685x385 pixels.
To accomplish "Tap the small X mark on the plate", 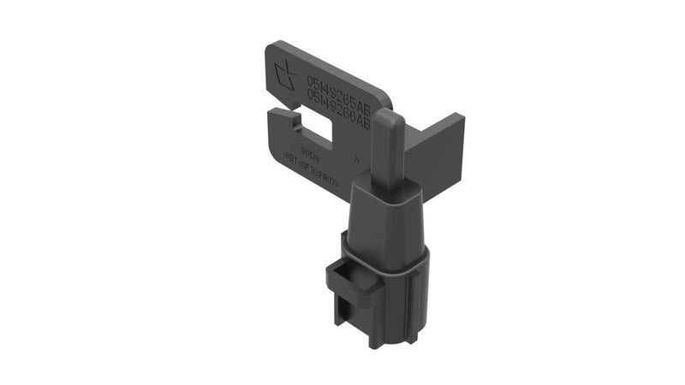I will pos(355,157).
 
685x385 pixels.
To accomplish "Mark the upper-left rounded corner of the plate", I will pos(273,47).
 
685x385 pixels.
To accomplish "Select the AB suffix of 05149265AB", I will pos(361,103).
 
